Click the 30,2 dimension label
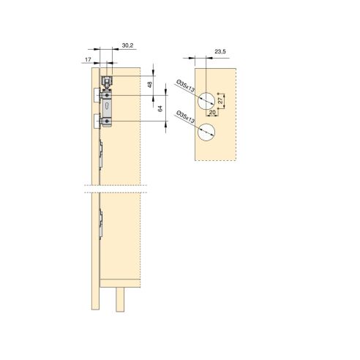pos(127,46)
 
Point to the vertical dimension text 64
pos(159,108)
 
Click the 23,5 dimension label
pos(220,52)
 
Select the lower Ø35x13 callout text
pos(186,118)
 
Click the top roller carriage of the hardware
pos(108,82)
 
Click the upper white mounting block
pos(97,94)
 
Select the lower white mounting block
pos(97,121)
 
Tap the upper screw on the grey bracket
pos(108,95)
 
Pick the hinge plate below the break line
pos(102,223)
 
